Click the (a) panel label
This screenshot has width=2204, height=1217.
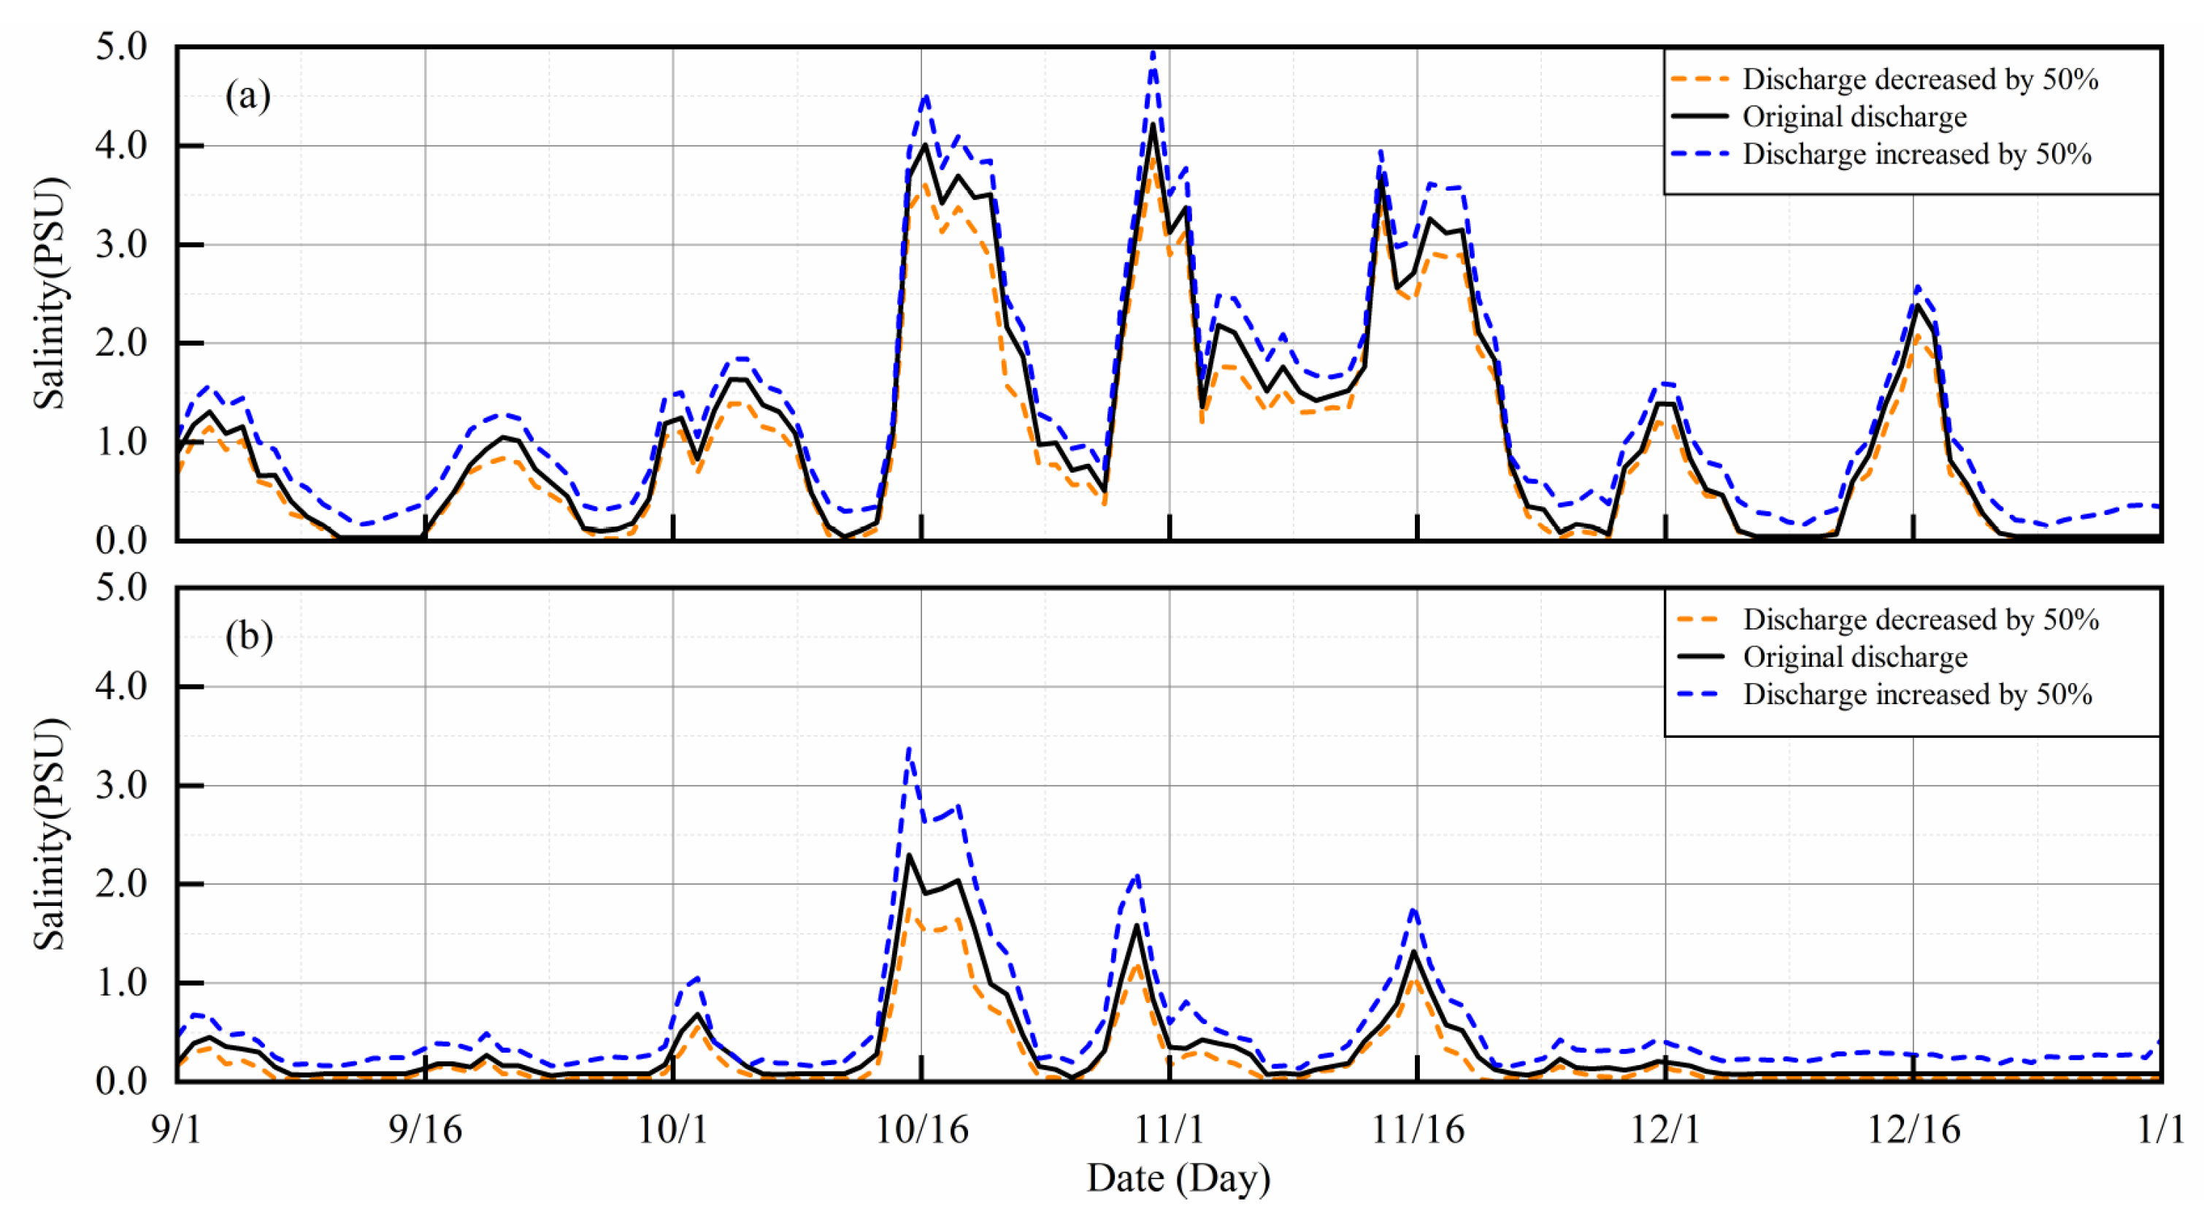click(247, 96)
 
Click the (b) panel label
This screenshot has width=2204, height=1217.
click(248, 636)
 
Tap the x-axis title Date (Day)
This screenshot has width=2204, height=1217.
click(1178, 1179)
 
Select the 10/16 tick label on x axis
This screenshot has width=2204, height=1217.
click(921, 1129)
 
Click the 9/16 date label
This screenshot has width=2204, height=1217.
click(425, 1129)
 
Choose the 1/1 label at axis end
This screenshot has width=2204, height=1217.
click(2160, 1129)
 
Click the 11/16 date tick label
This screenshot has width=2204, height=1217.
click(1417, 1129)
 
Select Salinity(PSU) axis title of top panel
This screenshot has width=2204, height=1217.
click(50, 294)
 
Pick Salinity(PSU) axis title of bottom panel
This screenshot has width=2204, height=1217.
click(50, 834)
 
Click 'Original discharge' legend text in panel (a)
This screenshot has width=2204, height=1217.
click(1854, 116)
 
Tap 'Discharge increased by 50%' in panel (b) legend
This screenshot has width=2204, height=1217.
click(1917, 694)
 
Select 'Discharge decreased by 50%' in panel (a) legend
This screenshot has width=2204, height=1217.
click(1920, 79)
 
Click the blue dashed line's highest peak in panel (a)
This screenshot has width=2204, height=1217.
click(1153, 53)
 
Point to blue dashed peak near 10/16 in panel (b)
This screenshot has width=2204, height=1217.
click(909, 749)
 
